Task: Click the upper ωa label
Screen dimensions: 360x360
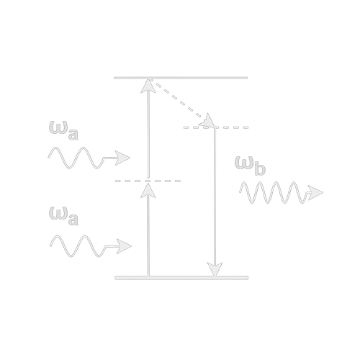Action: click(63, 130)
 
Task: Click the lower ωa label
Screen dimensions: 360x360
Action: click(63, 216)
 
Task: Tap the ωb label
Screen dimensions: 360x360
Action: click(250, 166)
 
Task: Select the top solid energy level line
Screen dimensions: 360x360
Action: click(181, 78)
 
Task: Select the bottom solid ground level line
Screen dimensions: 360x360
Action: click(181, 278)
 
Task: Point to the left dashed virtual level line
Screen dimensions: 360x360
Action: click(148, 181)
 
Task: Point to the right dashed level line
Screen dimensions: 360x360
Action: click(216, 127)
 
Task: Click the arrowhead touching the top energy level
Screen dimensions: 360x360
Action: click(148, 86)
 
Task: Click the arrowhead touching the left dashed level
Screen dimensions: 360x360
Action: click(148, 190)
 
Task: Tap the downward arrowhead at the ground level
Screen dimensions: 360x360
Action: click(215, 269)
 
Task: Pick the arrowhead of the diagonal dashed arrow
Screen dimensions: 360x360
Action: click(207, 121)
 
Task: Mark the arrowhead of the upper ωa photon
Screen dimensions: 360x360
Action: click(122, 158)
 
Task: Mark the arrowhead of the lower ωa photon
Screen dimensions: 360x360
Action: click(124, 246)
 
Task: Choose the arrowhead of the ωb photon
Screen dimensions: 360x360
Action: click(315, 192)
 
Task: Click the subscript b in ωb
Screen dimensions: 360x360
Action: click(260, 169)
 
